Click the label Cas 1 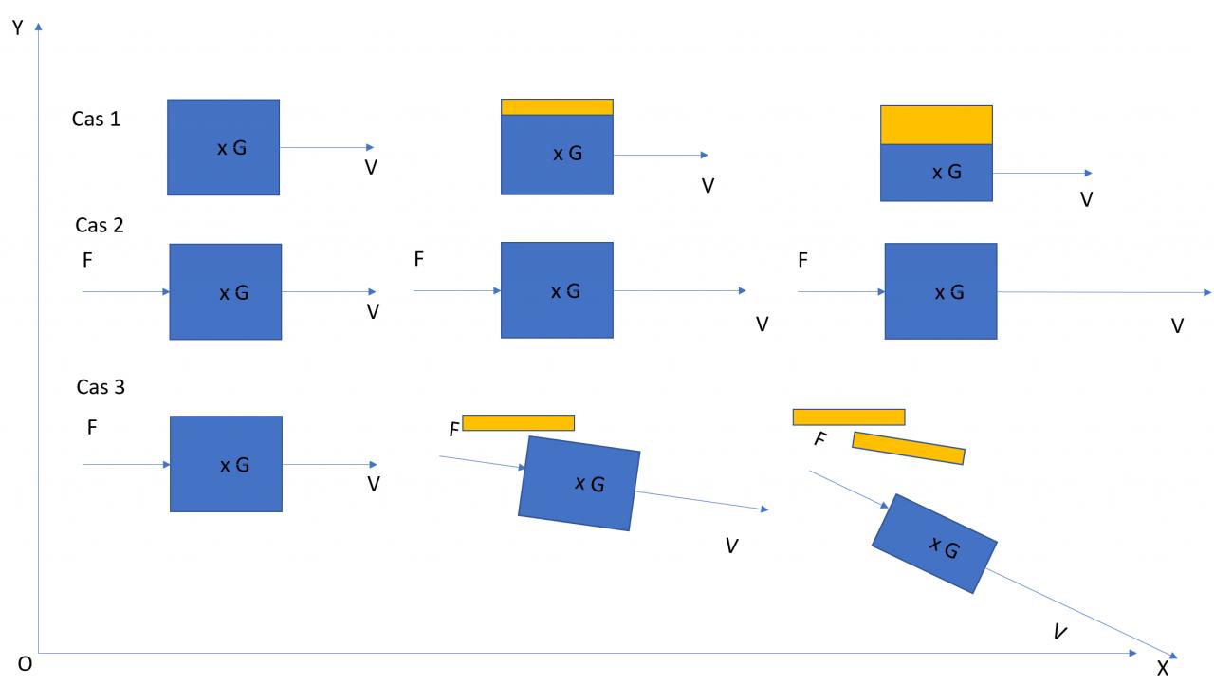96,120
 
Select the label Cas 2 100,226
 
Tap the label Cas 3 101,387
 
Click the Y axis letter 17,28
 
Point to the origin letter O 25,664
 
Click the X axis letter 1163,668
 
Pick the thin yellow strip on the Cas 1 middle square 557,106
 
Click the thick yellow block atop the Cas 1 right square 936,124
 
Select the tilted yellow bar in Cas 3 909,448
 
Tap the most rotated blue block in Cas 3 934,544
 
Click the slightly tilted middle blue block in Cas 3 579,483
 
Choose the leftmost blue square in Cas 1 223,147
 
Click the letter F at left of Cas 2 87,260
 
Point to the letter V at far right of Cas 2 1177,326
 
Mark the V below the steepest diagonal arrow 1060,632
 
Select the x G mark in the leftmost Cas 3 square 234,465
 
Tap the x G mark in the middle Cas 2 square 565,291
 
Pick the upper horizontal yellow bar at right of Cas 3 848,417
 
